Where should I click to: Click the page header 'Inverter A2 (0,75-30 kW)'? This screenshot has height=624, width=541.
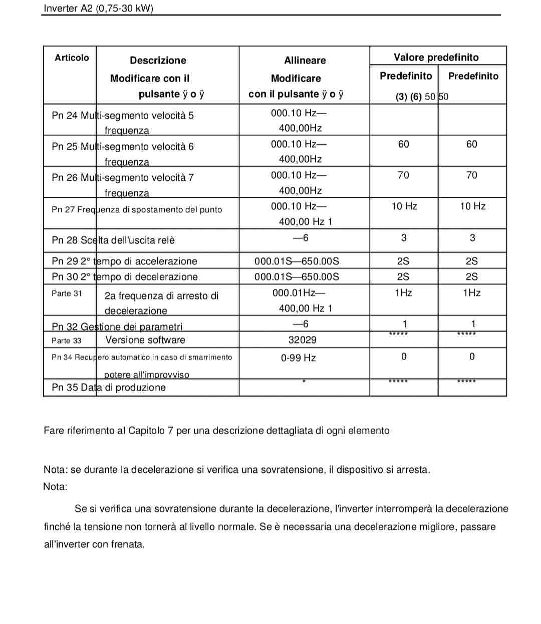tap(98, 9)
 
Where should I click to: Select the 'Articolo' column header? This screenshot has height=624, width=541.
tap(72, 58)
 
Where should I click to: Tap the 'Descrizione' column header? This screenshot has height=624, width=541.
tap(158, 60)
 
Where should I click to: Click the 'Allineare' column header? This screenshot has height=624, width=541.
tap(305, 60)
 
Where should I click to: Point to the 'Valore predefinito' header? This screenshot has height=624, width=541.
tap(436, 57)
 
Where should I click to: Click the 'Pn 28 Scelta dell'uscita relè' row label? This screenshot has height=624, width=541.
tap(113, 240)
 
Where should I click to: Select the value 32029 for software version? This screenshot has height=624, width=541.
tap(302, 340)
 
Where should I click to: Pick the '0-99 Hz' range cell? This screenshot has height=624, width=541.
tap(298, 358)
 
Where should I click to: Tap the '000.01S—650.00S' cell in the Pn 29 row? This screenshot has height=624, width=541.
tap(297, 261)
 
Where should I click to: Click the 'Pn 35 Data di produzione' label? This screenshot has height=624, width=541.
tap(108, 387)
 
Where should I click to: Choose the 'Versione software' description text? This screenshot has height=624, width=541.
tap(145, 340)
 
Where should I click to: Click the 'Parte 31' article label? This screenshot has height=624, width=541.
tap(67, 293)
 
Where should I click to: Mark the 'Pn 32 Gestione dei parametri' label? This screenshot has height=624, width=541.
tap(117, 327)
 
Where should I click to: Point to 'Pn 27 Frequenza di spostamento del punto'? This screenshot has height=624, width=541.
tap(136, 209)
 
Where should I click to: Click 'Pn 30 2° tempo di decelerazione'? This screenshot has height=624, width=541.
tap(124, 276)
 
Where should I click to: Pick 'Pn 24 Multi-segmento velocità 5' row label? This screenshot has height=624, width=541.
tap(122, 115)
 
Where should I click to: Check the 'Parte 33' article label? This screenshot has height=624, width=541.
tap(66, 341)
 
